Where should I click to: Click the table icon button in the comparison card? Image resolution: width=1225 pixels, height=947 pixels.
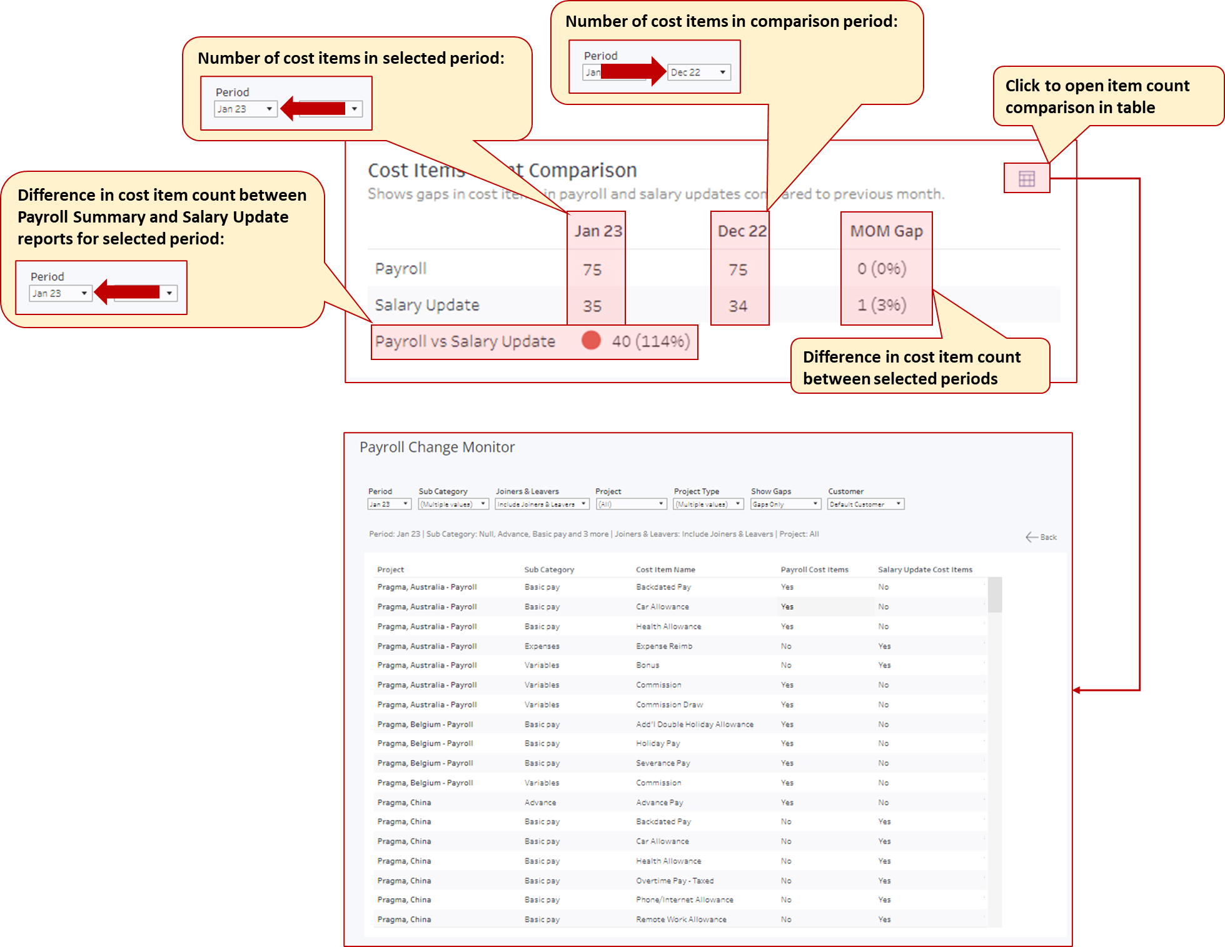click(x=1026, y=179)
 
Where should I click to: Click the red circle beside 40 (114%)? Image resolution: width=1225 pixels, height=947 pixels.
click(x=591, y=340)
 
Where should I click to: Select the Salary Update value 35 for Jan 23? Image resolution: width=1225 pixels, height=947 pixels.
click(x=592, y=306)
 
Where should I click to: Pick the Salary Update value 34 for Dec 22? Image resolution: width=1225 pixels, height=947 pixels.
click(x=738, y=306)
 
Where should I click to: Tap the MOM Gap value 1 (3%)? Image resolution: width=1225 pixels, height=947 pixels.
click(x=882, y=305)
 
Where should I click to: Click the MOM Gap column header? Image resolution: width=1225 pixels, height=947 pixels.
click(x=886, y=231)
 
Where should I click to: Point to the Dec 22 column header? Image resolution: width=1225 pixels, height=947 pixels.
click(x=742, y=231)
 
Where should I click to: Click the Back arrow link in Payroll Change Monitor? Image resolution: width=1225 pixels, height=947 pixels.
click(x=1041, y=537)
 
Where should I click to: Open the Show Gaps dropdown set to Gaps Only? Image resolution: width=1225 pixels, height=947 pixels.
click(x=785, y=504)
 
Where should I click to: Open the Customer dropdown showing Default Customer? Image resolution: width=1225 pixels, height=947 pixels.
click(x=865, y=504)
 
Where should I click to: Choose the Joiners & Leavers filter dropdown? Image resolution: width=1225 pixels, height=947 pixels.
click(x=542, y=504)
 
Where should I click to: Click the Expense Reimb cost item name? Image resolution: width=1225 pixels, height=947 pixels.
click(x=664, y=646)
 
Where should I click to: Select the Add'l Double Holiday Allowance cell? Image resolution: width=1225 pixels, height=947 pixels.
click(x=694, y=724)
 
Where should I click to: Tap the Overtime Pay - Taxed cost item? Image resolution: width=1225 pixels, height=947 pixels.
click(x=675, y=880)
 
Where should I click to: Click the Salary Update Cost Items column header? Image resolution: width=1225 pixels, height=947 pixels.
click(x=925, y=569)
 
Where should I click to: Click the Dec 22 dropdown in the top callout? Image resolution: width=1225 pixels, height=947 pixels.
click(x=698, y=73)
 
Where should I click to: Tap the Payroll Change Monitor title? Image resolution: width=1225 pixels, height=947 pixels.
click(x=437, y=447)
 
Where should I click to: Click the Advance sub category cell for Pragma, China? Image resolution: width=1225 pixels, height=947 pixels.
click(x=540, y=802)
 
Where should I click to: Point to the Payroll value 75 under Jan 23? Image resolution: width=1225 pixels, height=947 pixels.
click(x=592, y=270)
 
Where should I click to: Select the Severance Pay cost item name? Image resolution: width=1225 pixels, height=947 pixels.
click(x=663, y=763)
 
